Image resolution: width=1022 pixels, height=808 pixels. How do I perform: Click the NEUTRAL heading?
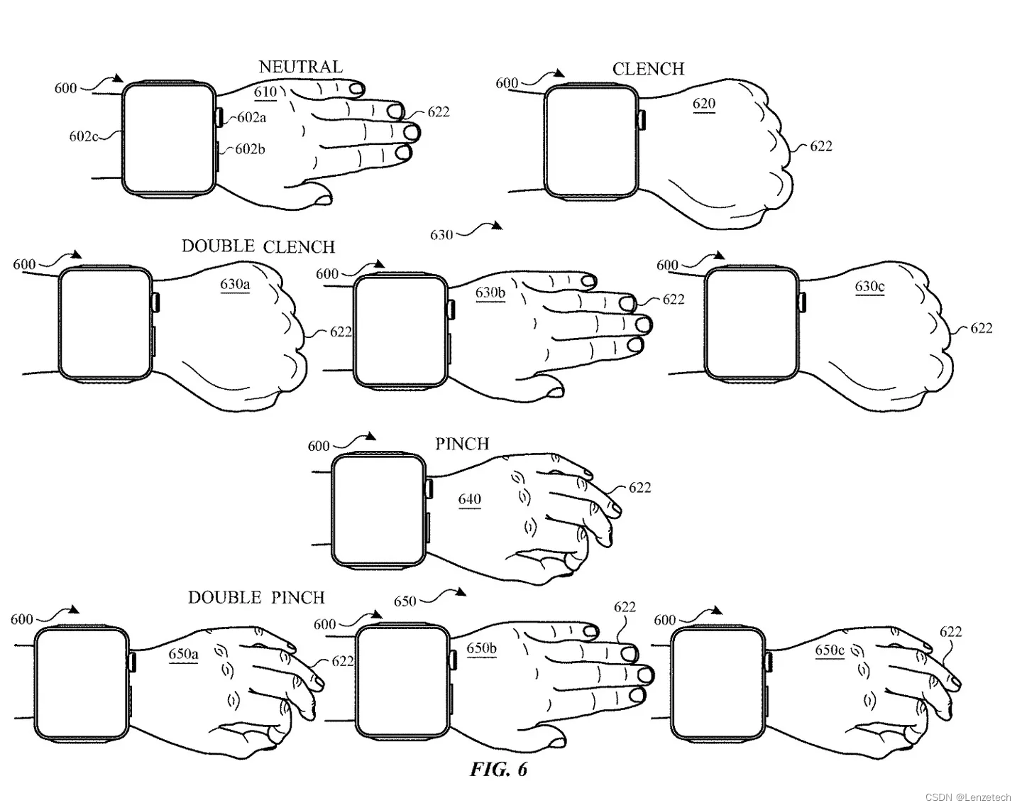click(x=300, y=67)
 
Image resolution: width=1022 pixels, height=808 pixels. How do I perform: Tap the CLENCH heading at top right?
click(x=648, y=69)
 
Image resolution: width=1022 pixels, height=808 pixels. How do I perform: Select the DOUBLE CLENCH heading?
click(x=258, y=246)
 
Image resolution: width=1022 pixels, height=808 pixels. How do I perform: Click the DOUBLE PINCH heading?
click(x=256, y=597)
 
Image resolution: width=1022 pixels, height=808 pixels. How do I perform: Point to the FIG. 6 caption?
click(x=498, y=770)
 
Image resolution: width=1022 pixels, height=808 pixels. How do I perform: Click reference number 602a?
click(x=251, y=117)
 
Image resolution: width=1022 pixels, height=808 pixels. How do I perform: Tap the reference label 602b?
click(x=250, y=149)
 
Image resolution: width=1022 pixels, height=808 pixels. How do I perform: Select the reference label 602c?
click(x=83, y=136)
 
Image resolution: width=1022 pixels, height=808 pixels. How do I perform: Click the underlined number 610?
click(x=265, y=92)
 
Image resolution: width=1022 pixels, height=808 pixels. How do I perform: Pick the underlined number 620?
click(x=703, y=104)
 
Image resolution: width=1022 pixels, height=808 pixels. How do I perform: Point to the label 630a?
click(x=234, y=285)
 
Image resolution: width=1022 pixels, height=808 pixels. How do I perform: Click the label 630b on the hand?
click(x=490, y=293)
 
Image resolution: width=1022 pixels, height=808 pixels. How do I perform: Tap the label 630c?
click(x=869, y=287)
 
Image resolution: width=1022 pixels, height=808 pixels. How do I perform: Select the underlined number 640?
click(x=469, y=499)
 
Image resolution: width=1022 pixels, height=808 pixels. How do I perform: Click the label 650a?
click(x=183, y=653)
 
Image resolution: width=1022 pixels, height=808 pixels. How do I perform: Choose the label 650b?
click(x=481, y=648)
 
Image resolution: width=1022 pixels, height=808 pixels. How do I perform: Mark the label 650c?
click(x=830, y=650)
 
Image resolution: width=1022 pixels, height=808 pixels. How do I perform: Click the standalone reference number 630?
click(x=441, y=234)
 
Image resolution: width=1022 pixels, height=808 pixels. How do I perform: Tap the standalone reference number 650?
click(x=405, y=601)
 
